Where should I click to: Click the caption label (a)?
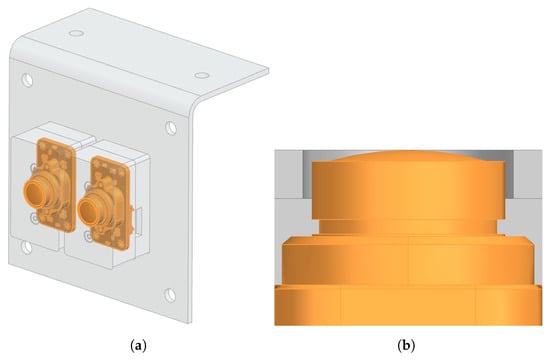[138, 346]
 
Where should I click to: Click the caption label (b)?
[406, 346]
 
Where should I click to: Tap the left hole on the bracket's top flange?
[76, 33]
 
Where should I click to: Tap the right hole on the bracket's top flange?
[202, 75]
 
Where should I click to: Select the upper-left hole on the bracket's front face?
[27, 80]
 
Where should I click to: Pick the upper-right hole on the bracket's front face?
[171, 128]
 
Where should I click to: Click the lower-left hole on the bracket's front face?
[27, 247]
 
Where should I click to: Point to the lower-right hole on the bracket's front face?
[170, 295]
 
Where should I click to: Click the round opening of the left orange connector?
[35, 194]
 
